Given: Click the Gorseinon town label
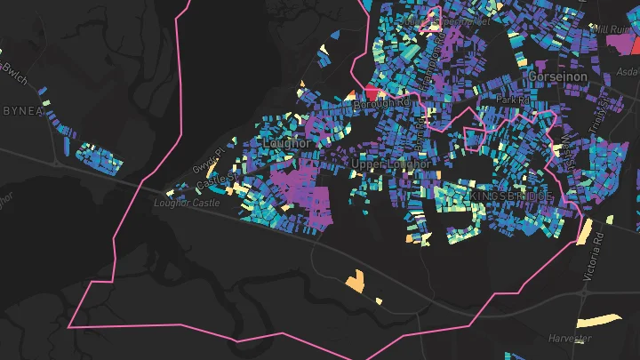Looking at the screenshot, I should click(x=557, y=77).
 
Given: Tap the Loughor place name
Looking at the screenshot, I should click(x=286, y=142).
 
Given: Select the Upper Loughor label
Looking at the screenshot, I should click(x=391, y=164).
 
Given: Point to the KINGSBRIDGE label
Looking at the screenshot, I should click(x=512, y=196).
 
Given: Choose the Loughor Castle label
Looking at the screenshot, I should click(x=186, y=203).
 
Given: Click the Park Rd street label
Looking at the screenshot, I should click(x=512, y=100).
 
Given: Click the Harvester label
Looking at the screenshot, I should click(x=570, y=339).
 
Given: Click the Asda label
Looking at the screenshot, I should click(x=628, y=72).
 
